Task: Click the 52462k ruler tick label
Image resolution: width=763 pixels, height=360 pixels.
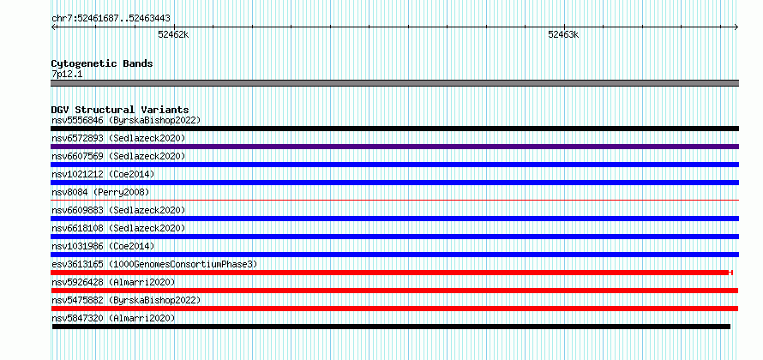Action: [x=173, y=34]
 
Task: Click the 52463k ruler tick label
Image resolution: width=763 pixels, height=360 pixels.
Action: [x=563, y=34]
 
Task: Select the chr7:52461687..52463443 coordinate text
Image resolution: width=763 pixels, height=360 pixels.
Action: [x=111, y=19]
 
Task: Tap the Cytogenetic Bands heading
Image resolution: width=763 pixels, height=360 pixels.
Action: [x=102, y=63]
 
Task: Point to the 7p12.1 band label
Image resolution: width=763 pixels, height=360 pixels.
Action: [x=67, y=75]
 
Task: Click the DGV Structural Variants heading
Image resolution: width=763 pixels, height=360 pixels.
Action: [x=120, y=110]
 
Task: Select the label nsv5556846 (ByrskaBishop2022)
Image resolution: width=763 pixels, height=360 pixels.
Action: [x=126, y=120]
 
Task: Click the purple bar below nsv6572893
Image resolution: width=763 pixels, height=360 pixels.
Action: [x=394, y=147]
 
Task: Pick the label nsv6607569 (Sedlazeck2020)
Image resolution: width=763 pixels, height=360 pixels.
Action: [x=118, y=156]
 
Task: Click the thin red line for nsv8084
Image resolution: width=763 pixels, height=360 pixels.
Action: [x=394, y=200]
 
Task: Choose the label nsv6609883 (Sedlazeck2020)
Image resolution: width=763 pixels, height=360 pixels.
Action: [x=118, y=210]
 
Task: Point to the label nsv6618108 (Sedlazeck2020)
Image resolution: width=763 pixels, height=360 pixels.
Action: [x=118, y=228]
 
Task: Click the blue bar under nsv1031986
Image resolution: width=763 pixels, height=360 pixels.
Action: [x=394, y=255]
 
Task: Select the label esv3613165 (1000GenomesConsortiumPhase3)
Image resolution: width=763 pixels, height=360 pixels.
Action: [x=154, y=264]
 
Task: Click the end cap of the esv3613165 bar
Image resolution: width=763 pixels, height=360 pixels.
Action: [x=731, y=273]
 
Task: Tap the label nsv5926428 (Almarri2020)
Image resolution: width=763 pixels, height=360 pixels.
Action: [x=113, y=282]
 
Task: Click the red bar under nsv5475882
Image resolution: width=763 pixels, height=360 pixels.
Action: [x=394, y=309]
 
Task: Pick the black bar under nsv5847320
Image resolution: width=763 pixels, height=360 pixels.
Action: [x=391, y=327]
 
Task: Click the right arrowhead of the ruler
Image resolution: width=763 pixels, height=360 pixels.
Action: [x=736, y=27]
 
